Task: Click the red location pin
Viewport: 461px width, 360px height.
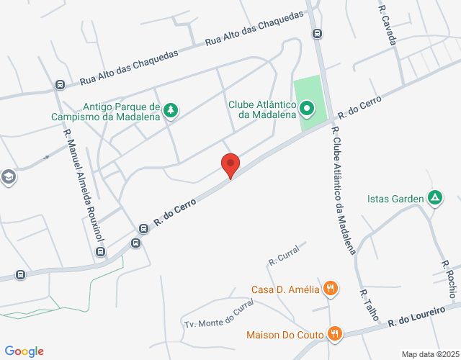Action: coord(230,165)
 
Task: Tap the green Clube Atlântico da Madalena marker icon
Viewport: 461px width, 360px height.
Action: coord(307,109)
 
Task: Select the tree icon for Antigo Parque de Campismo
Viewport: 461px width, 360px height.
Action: coord(171,109)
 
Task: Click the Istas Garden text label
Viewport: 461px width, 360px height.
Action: coord(393,199)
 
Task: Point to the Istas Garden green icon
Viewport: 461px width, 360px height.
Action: coord(434,197)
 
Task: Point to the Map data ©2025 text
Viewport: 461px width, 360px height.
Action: coord(430,354)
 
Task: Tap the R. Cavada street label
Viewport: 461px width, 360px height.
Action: coord(388,26)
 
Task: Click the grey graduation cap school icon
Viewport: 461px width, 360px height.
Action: coord(8,177)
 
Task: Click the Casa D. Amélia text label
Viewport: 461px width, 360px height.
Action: coord(285,290)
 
